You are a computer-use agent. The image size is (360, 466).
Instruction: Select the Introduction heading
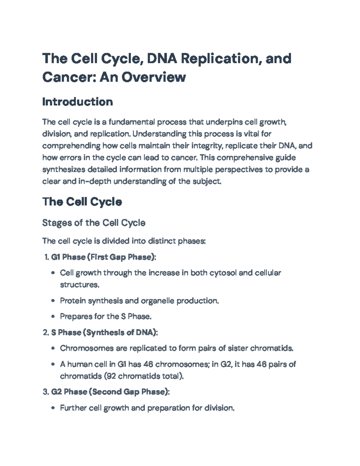coord(77,102)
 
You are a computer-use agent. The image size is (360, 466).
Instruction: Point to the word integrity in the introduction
coord(206,146)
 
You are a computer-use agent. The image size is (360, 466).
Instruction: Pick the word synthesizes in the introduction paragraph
coord(64,170)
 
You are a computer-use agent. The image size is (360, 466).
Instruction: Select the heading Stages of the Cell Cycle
coord(94,223)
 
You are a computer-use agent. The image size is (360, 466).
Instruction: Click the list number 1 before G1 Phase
coord(46,257)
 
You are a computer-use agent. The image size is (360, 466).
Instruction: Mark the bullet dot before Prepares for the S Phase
coord(53,317)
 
